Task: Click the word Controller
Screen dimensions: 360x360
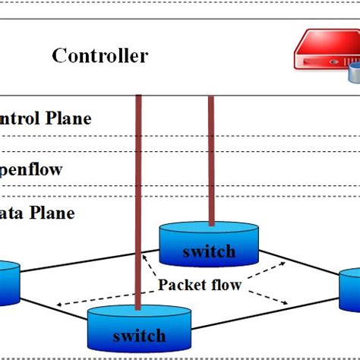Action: click(x=99, y=55)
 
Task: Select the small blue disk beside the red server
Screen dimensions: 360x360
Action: click(x=354, y=74)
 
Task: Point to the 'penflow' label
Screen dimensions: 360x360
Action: click(x=31, y=169)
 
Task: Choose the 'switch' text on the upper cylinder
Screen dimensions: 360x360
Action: click(x=208, y=251)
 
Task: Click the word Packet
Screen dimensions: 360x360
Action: click(x=181, y=286)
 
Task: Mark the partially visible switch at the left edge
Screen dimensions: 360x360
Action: click(x=8, y=281)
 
